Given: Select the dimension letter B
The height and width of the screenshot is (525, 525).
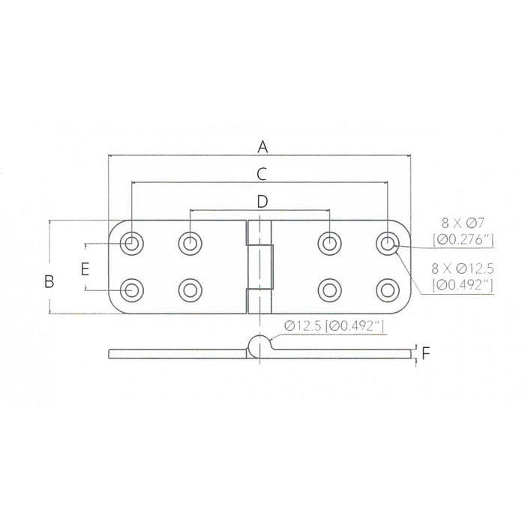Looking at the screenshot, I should point(49,281).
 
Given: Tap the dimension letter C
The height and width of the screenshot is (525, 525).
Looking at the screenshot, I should point(261,174).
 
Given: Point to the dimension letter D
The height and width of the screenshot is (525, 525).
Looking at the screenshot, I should point(261,201).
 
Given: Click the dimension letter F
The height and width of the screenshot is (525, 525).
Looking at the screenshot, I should point(426,352).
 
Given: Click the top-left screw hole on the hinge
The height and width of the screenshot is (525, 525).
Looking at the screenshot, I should point(133,242).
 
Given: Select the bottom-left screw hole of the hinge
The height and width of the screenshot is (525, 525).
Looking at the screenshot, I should point(133,289).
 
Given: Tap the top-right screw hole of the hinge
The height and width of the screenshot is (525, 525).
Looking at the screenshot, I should point(387,242).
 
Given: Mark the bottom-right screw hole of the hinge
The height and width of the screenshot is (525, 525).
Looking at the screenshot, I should point(387,289).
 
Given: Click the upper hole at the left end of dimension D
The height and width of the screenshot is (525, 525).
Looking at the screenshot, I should point(190,242).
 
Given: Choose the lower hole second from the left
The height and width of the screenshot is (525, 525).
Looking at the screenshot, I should point(190,289).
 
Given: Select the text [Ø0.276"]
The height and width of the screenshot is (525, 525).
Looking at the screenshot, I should point(463,238).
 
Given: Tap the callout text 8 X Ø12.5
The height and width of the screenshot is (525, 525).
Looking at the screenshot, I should point(463,268).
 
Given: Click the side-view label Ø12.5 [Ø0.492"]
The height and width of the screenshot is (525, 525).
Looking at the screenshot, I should point(334,325).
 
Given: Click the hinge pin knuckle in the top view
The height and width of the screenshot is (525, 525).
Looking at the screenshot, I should point(259,265).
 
